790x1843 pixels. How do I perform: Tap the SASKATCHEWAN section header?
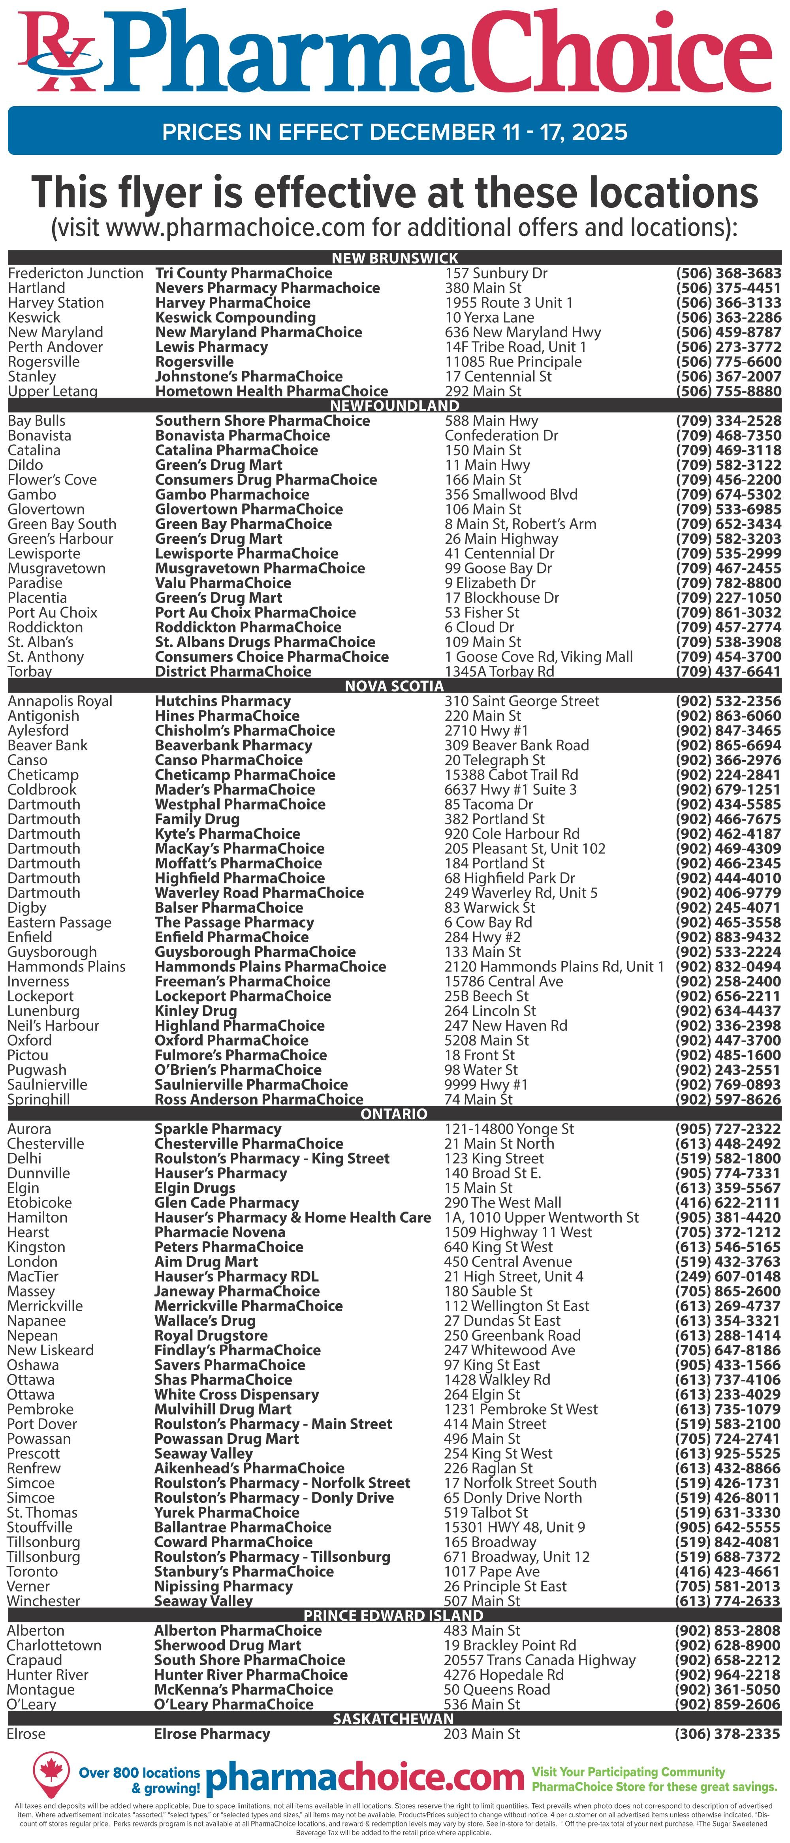(393, 1719)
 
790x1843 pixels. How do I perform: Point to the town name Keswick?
(34, 317)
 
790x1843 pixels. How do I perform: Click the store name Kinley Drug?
(196, 1011)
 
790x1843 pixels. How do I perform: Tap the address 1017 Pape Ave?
(492, 1571)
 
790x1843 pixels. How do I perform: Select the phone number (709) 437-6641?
(728, 672)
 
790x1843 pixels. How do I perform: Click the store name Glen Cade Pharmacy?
(226, 1203)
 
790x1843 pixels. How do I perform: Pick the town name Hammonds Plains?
(66, 967)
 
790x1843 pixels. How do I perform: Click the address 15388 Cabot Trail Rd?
(511, 775)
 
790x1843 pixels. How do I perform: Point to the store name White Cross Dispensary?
(236, 1394)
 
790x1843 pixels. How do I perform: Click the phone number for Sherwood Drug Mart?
(727, 1645)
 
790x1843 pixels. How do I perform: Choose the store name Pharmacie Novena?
(220, 1232)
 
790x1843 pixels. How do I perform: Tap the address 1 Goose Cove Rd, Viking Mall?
(538, 657)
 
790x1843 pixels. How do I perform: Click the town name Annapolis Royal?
(60, 701)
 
